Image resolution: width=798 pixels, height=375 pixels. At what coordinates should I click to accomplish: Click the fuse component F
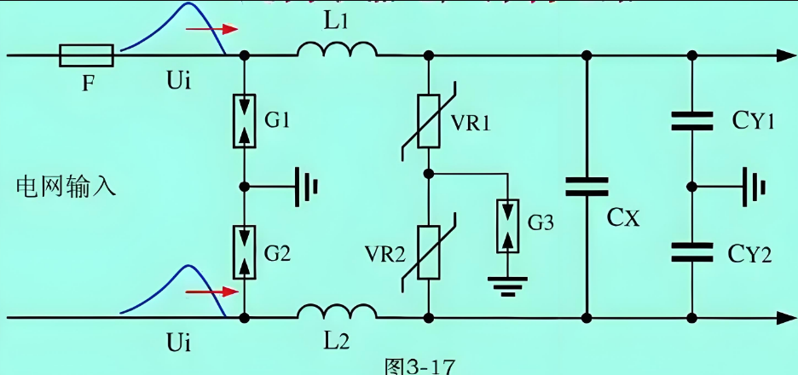86,56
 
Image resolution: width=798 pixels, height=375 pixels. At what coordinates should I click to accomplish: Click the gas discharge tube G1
245,120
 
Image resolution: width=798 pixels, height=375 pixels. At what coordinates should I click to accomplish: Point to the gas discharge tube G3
507,226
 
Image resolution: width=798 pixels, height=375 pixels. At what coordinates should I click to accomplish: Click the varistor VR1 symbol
429,118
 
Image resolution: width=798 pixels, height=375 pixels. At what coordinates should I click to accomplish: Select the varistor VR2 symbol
429,251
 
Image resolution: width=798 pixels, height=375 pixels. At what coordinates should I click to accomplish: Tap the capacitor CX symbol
587,187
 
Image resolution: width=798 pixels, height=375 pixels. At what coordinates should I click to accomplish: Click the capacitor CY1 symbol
691,122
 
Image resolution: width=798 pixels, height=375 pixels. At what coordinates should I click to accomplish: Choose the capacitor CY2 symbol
691,251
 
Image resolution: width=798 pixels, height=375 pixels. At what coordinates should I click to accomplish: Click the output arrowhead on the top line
783,56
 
